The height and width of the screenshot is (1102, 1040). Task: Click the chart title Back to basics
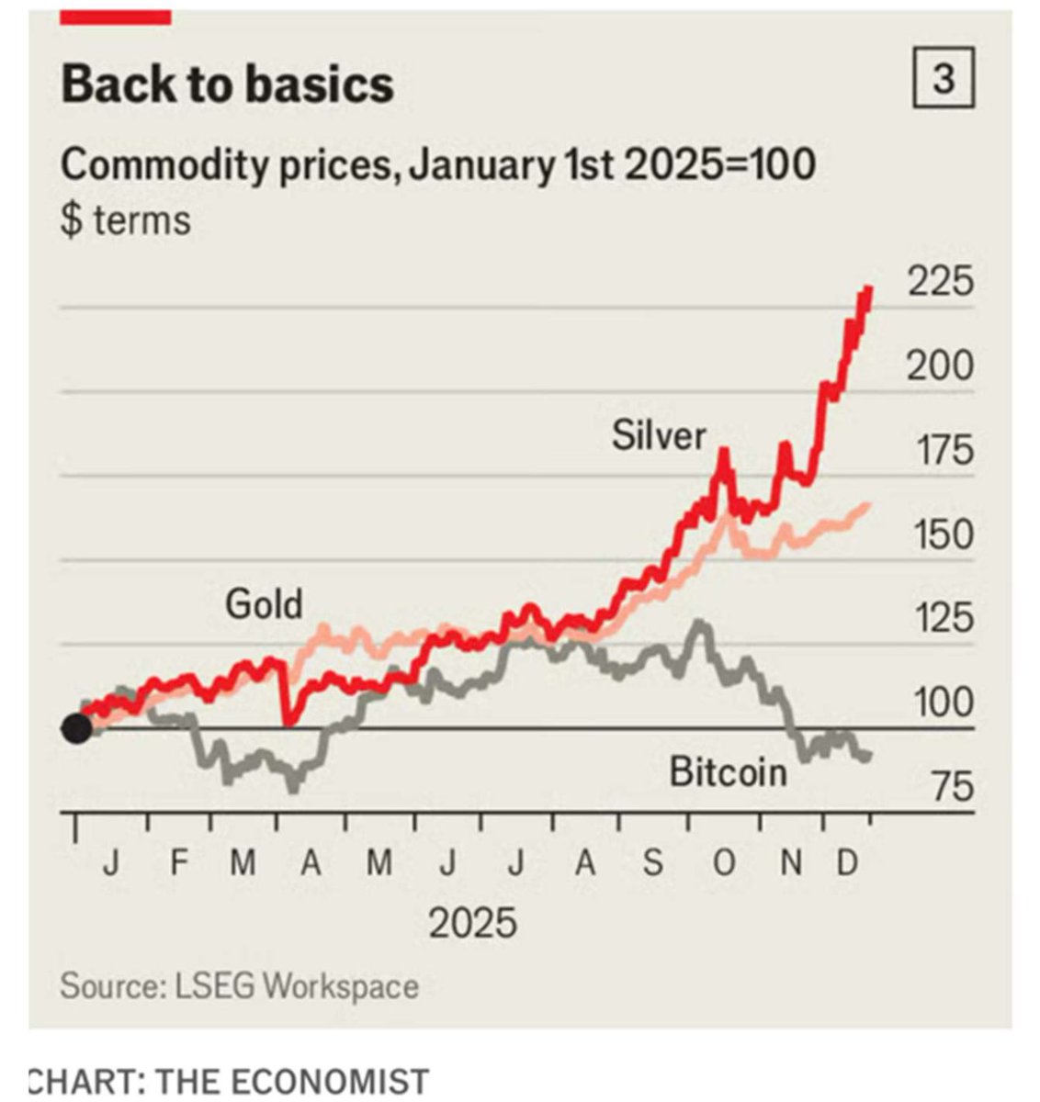228,84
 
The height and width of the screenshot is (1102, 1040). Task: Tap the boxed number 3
944,81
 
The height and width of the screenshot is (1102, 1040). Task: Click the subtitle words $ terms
126,220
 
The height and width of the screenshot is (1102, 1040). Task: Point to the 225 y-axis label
940,282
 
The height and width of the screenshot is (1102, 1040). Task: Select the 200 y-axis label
940,366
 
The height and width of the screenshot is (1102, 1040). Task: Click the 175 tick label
942,451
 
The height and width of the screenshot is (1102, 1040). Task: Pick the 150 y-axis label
942,534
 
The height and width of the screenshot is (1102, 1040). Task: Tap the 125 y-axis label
942,618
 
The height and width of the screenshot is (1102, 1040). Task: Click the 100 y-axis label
942,703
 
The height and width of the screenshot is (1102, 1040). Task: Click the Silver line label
659,435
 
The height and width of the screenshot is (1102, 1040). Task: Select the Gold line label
264,604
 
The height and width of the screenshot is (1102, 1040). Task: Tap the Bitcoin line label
728,771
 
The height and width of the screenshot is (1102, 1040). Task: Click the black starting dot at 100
76,729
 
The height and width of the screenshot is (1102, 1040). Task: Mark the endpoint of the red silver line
869,288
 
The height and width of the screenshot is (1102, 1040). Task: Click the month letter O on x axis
724,863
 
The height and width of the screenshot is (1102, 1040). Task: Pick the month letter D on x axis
847,863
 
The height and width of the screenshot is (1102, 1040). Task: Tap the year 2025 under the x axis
472,922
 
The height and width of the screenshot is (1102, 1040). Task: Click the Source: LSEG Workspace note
239,986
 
